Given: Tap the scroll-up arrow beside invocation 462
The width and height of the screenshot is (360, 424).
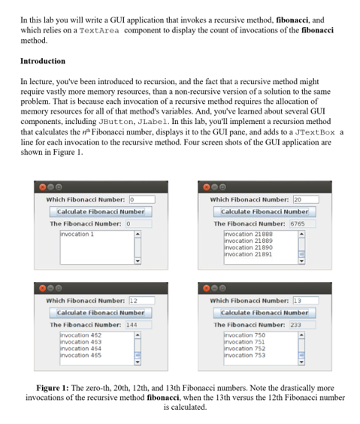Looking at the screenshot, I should click(x=137, y=335).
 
